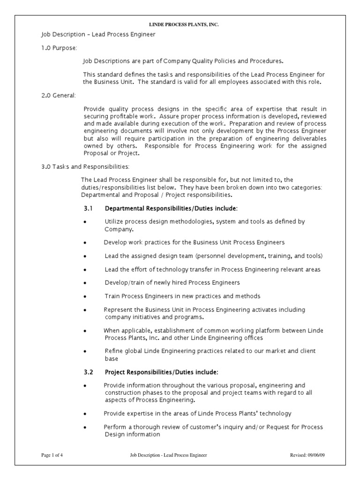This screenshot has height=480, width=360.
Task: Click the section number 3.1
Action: (x=89, y=208)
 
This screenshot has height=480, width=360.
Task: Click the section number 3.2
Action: (x=89, y=372)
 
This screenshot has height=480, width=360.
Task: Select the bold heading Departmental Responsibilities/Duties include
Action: (x=171, y=208)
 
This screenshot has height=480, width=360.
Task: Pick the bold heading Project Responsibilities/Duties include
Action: (x=161, y=372)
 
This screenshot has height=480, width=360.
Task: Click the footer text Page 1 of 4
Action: (x=52, y=455)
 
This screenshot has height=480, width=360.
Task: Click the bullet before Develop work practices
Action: (x=85, y=243)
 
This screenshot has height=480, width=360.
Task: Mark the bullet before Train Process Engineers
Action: (x=85, y=297)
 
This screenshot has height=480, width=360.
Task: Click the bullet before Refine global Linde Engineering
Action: (x=85, y=351)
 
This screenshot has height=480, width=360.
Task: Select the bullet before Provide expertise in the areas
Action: (x=85, y=414)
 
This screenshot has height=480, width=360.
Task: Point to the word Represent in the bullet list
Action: (x=117, y=310)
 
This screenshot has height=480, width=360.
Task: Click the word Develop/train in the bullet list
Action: (x=121, y=283)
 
